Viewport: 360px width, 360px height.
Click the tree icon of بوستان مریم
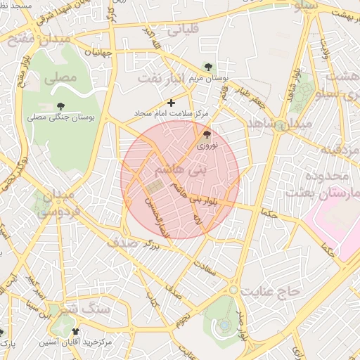tap(207, 66)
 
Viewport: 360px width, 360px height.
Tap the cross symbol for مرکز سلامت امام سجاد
tap(171, 103)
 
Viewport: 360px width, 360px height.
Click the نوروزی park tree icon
tap(206, 134)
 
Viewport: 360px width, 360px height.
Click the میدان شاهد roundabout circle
tap(281, 127)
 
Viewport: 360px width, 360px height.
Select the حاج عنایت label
tap(270, 290)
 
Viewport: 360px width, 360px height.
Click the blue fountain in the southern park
tap(224, 325)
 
